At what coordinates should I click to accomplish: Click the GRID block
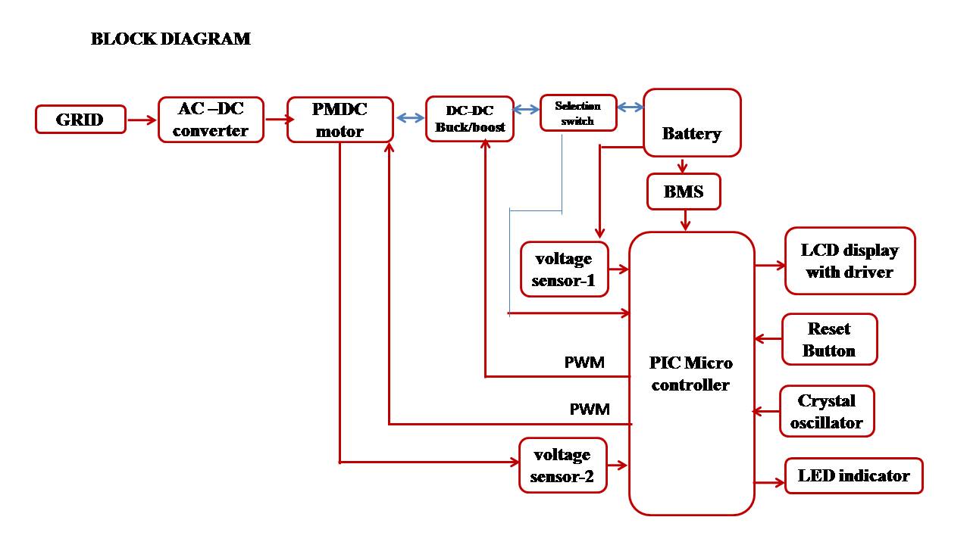[x=80, y=120]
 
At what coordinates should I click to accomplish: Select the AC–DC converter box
[x=211, y=120]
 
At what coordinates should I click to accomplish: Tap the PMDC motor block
[x=339, y=120]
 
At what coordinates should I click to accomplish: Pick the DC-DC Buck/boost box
[x=470, y=119]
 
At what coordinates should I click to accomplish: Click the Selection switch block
[x=577, y=113]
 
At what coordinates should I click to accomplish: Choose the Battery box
[x=691, y=123]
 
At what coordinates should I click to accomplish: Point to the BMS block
[x=684, y=192]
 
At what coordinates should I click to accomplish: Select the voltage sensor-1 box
[x=564, y=269]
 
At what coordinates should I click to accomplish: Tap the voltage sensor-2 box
[x=562, y=466]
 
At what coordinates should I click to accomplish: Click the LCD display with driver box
[x=850, y=260]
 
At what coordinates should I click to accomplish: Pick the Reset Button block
[x=829, y=339]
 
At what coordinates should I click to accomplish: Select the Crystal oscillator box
[x=826, y=411]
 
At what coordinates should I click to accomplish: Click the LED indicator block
[x=853, y=476]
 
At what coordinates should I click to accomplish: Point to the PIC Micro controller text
[x=691, y=373]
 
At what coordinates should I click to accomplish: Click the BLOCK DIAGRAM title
[x=171, y=39]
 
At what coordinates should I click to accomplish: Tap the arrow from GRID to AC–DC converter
[x=141, y=120]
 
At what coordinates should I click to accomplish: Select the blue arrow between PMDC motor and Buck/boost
[x=410, y=118]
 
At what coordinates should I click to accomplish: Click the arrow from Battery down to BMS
[x=683, y=166]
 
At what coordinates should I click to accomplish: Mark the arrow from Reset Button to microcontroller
[x=768, y=339]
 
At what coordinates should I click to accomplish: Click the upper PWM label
[x=584, y=362]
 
